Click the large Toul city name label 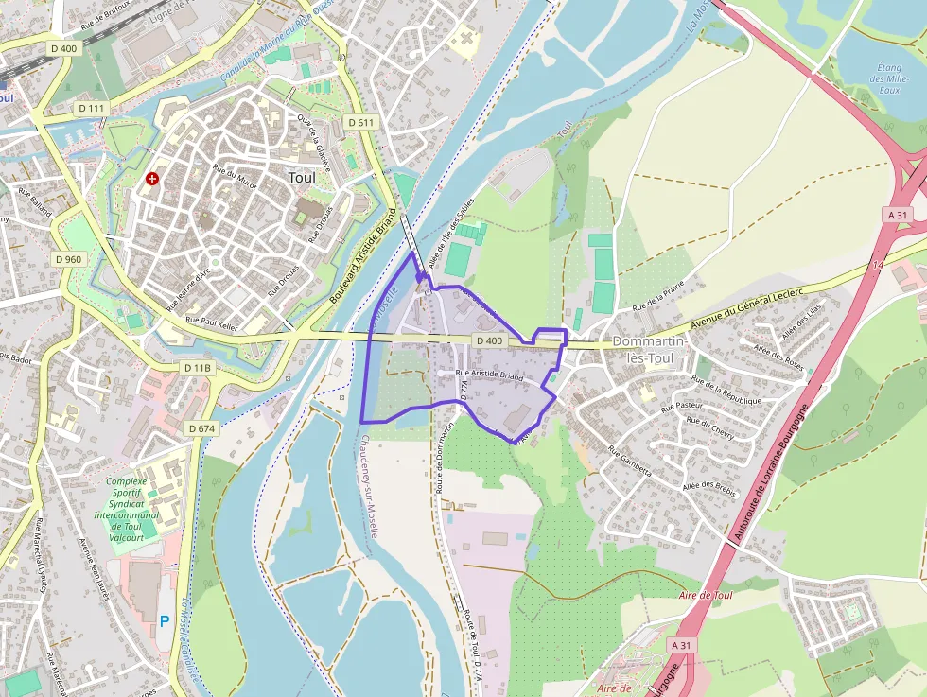pos(301,177)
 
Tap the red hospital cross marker pos(151,178)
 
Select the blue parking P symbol pos(165,622)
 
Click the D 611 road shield pos(361,122)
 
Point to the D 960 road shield pos(69,258)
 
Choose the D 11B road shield pos(199,367)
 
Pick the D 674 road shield pos(202,428)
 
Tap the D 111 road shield pos(92,108)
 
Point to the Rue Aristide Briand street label pos(489,375)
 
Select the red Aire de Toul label pos(706,596)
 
